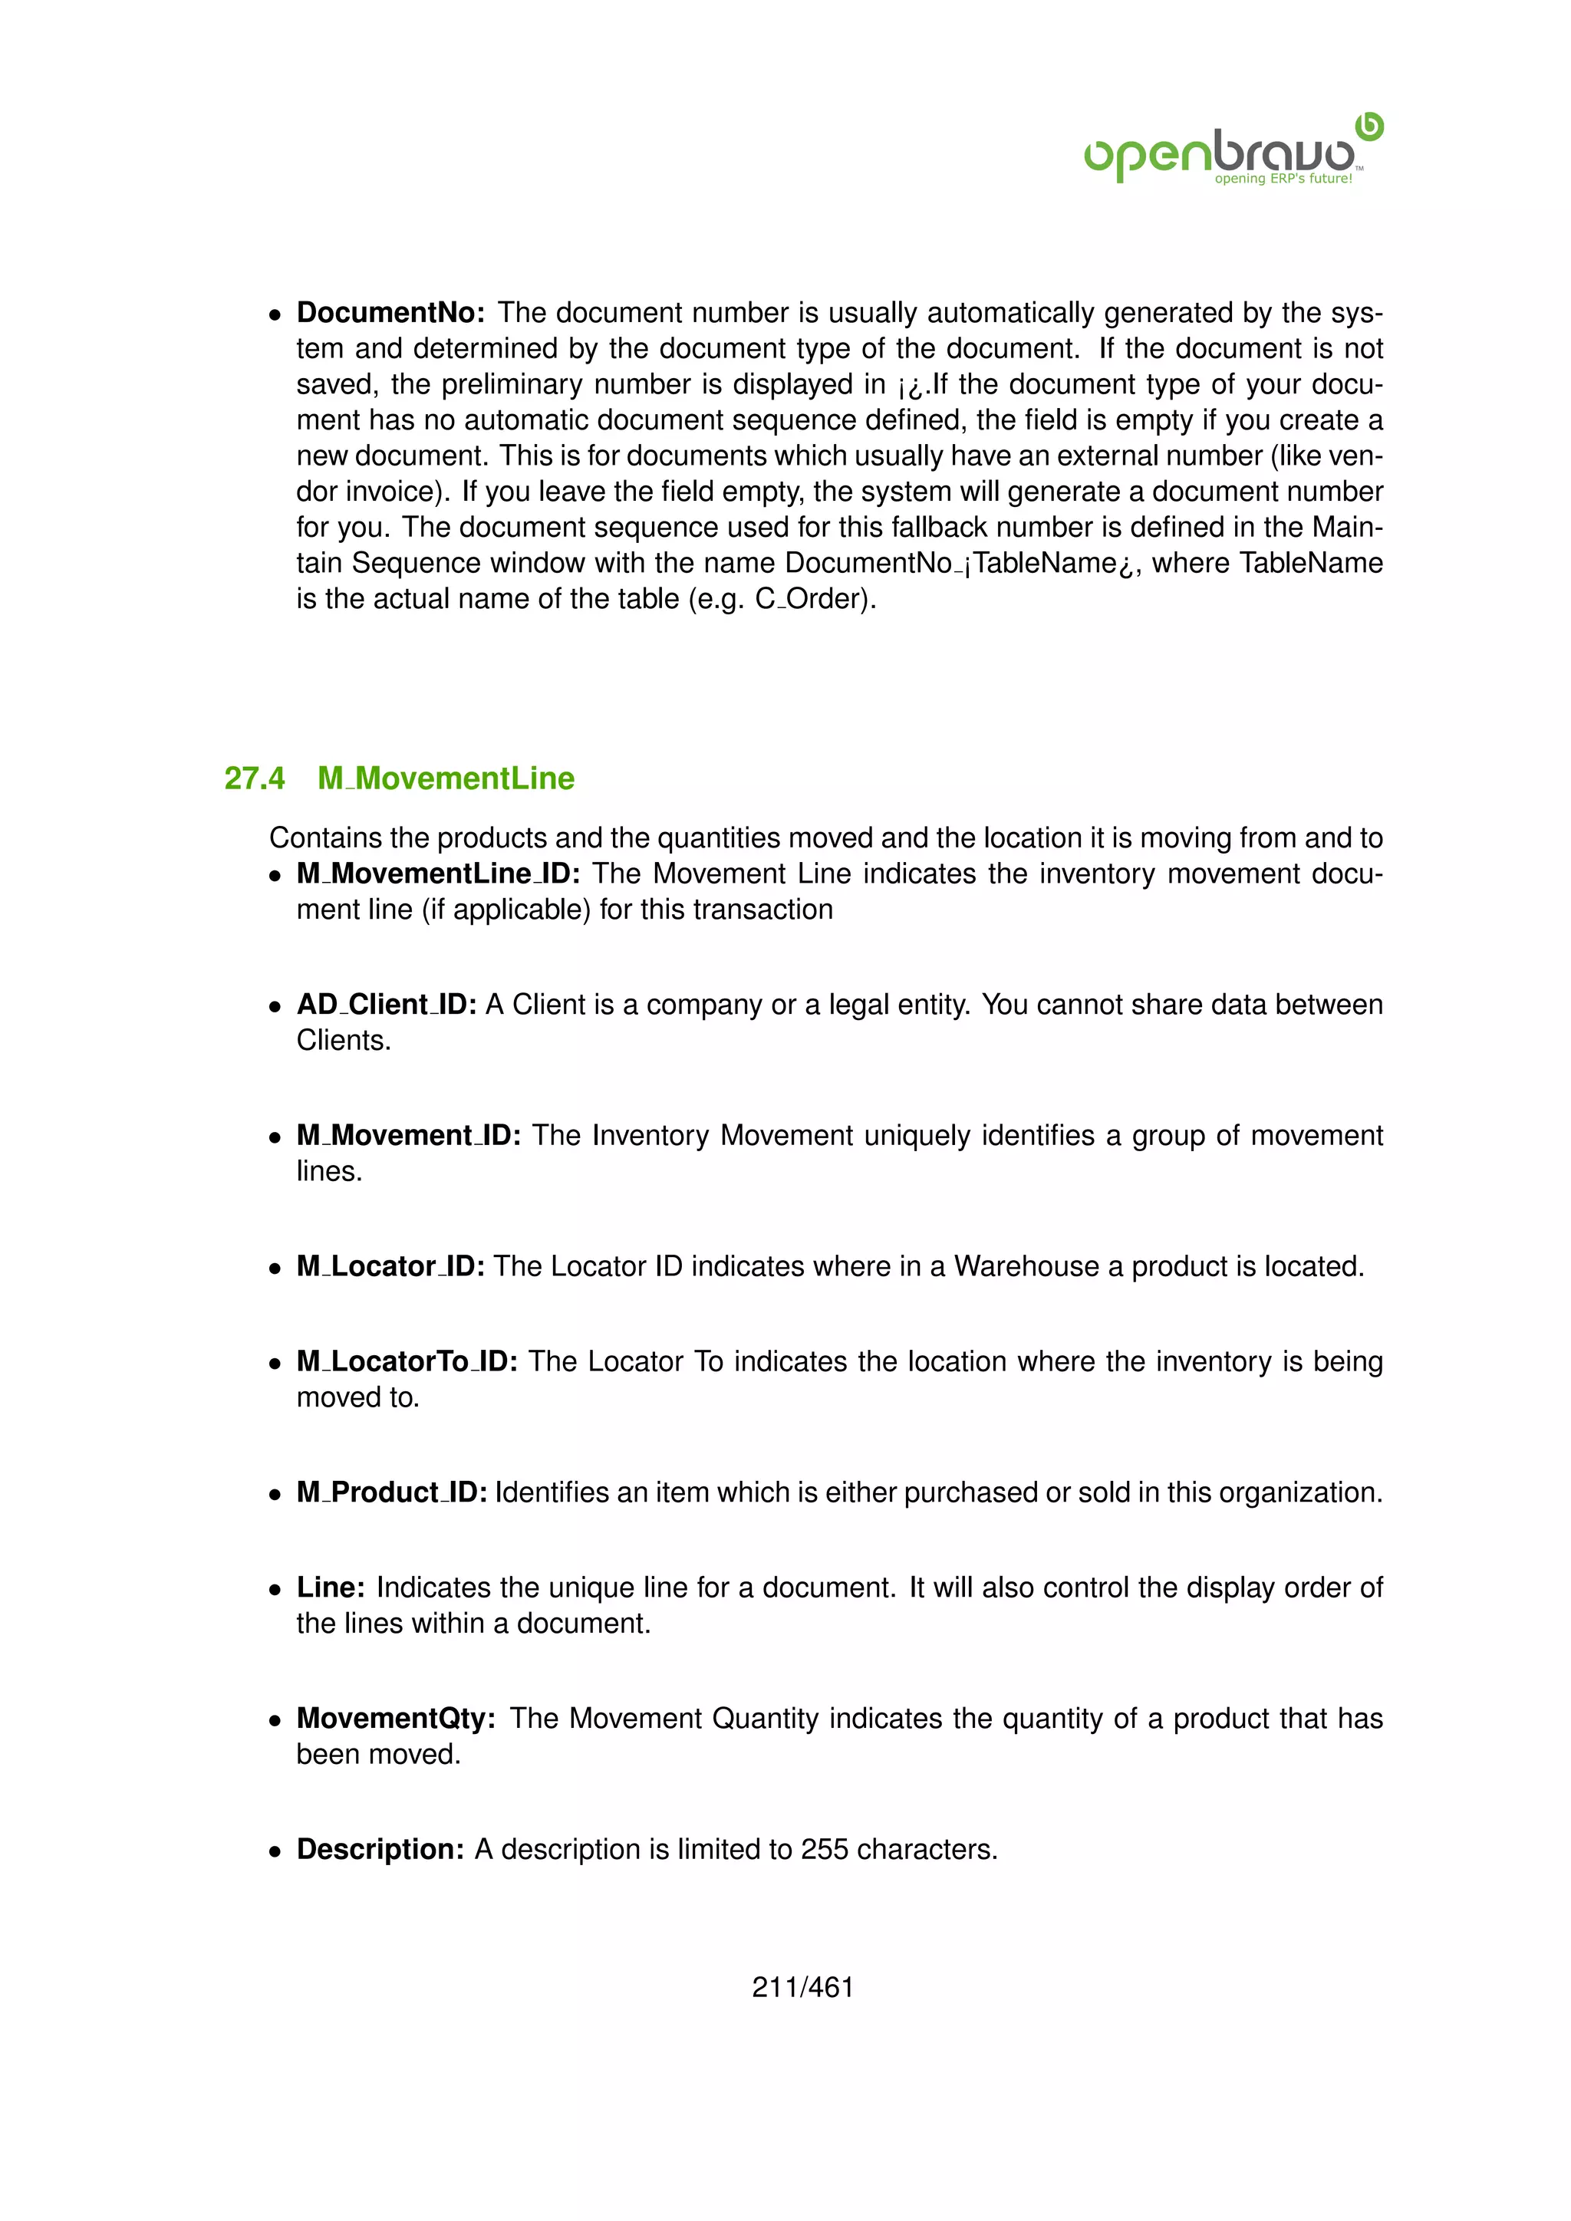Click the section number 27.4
[255, 778]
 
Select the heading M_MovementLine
[446, 778]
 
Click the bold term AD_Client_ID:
[386, 1005]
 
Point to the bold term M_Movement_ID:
[408, 1136]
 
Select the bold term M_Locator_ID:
[390, 1266]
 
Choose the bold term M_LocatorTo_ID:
[407, 1362]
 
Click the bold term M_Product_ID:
[392, 1492]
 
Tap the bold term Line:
[330, 1588]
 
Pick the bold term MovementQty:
[396, 1719]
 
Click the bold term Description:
[380, 1850]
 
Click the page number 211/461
[803, 1988]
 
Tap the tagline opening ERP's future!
[1283, 179]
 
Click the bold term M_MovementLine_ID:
[438, 874]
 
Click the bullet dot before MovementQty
[275, 1721]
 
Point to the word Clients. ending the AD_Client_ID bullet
[344, 1041]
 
